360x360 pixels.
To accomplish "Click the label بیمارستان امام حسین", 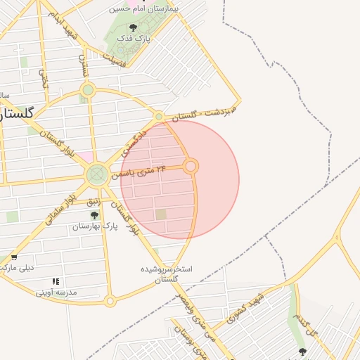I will tap(145, 8).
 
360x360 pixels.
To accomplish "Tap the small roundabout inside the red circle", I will tap(191, 167).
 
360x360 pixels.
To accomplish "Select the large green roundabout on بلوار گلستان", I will tap(97, 175).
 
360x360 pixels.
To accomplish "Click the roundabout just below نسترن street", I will tap(87, 90).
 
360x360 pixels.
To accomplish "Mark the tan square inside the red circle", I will tap(162, 214).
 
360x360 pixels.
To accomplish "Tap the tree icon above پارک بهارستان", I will tap(94, 215).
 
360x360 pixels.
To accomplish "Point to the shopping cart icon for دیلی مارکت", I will tap(13, 257).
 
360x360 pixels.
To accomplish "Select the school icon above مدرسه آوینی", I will tap(56, 281).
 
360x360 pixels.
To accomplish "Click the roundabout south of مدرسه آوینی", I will tap(110, 301).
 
